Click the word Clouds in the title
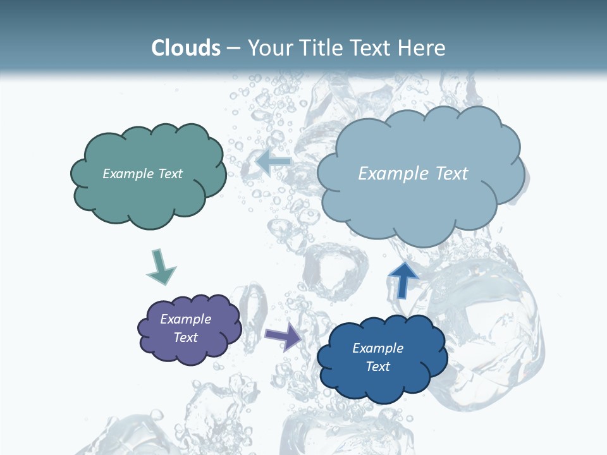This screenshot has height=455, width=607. tap(186, 48)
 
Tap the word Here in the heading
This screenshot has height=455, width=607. tap(422, 48)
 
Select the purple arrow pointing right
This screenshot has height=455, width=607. tap(283, 337)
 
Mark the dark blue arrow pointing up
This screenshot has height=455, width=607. tap(403, 279)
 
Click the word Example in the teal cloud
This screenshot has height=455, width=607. tap(128, 174)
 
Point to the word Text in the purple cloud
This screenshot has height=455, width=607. tap(186, 337)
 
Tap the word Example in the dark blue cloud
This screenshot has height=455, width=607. tap(377, 348)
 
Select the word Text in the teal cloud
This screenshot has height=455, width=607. tap(170, 174)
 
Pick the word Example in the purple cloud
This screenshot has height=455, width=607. tap(186, 319)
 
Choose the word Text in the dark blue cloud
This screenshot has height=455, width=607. tap(377, 367)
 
